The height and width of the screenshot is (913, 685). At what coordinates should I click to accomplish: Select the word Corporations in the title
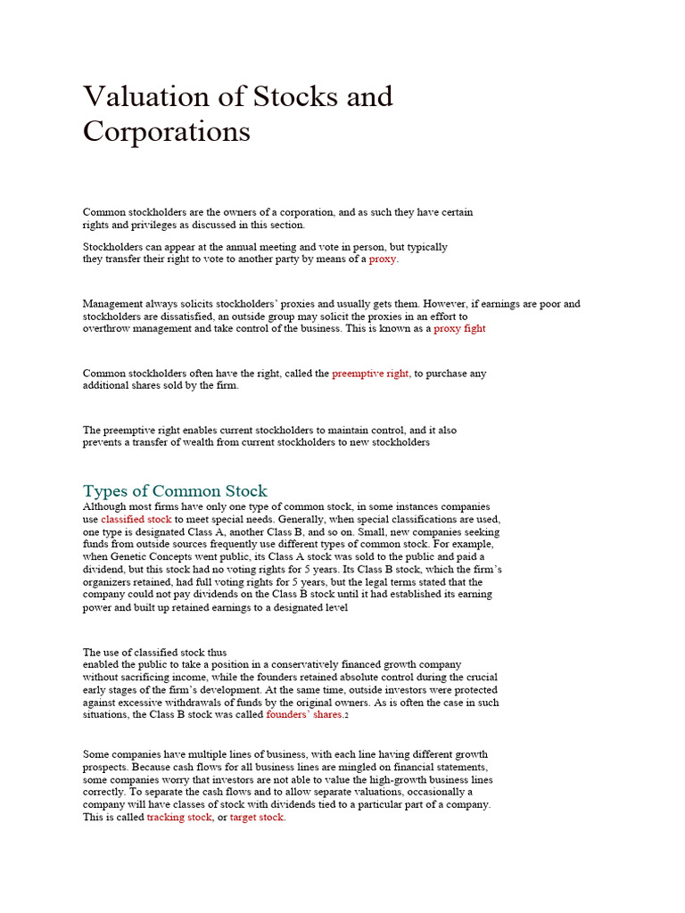point(167,131)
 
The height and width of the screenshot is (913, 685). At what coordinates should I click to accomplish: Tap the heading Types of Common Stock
point(175,491)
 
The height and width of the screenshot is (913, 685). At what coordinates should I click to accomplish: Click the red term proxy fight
point(459,329)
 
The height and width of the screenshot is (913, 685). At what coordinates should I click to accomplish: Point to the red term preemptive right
point(370,374)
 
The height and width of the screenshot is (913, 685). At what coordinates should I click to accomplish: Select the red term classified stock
point(136,519)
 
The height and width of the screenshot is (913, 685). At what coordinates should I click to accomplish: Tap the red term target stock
point(257,817)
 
